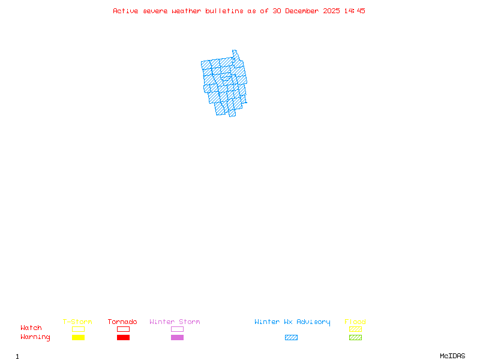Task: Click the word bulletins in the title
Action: tap(224, 11)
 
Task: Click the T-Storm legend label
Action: tap(77, 322)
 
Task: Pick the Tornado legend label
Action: tap(122, 322)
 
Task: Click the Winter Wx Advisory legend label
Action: tap(292, 322)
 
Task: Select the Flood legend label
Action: tap(355, 322)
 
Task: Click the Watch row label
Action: tap(31, 328)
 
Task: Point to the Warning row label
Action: tap(35, 337)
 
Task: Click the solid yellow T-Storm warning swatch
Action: tap(78, 337)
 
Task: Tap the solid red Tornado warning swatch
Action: tap(123, 337)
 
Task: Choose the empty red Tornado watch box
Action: tap(123, 329)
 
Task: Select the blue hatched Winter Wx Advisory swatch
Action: tap(291, 337)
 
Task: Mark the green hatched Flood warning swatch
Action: tap(355, 337)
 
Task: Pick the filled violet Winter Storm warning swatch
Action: tap(177, 337)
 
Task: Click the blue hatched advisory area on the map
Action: tap(225, 84)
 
